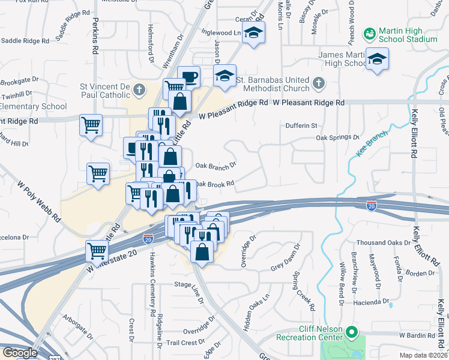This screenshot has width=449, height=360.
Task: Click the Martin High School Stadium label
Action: click(408, 35)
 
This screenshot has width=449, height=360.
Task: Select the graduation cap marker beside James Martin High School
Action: click(378, 59)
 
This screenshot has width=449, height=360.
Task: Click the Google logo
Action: click(19, 353)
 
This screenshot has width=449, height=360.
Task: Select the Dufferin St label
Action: click(301, 125)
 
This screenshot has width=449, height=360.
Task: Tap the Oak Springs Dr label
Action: click(337, 137)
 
